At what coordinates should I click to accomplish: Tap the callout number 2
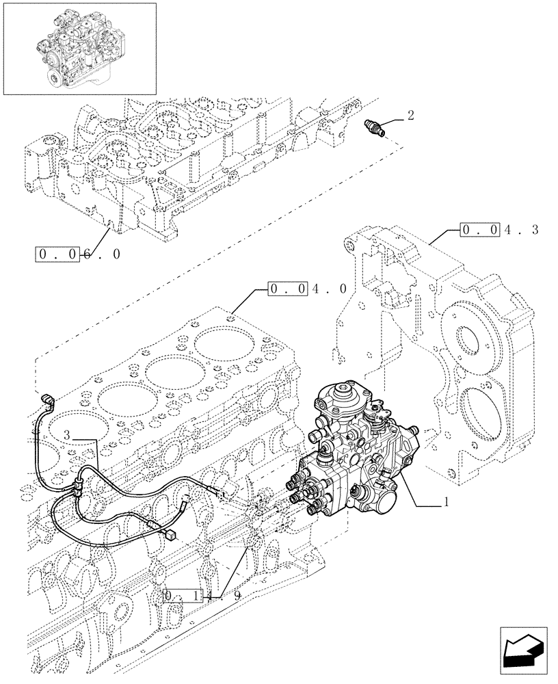coord(410,115)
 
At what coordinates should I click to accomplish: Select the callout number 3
coord(67,435)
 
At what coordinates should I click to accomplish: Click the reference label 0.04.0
coord(308,289)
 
